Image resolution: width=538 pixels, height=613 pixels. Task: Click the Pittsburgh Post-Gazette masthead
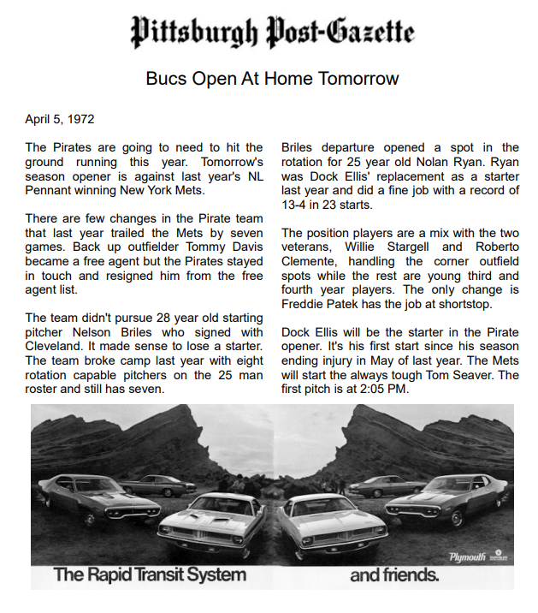point(272,32)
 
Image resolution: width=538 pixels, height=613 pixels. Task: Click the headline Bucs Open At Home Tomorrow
point(272,79)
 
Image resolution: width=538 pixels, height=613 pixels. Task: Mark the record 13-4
point(298,204)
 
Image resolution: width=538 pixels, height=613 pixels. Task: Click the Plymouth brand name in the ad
point(467,557)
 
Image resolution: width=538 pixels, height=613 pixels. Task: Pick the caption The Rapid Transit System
point(150,574)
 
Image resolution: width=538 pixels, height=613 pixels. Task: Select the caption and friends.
point(394,574)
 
